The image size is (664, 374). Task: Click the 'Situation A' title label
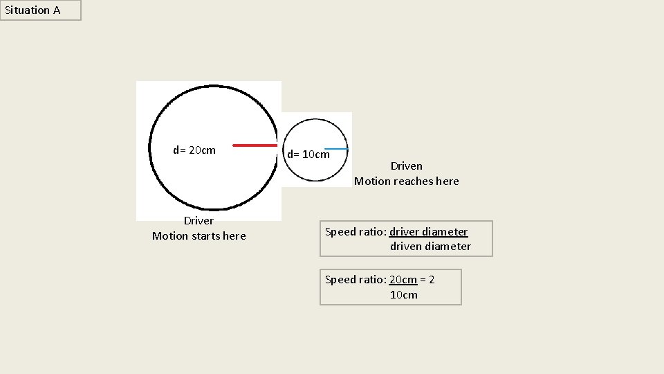pyautogui.click(x=33, y=10)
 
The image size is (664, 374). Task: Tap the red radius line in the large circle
pyautogui.click(x=255, y=145)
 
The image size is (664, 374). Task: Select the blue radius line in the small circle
pyautogui.click(x=336, y=149)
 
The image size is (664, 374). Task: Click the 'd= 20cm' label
pyautogui.click(x=194, y=150)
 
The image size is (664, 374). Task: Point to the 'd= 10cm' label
pyautogui.click(x=308, y=154)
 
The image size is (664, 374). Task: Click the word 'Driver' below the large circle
pyautogui.click(x=199, y=221)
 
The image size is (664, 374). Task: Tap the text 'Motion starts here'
pyautogui.click(x=199, y=236)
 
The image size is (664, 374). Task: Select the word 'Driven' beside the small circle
pyautogui.click(x=406, y=166)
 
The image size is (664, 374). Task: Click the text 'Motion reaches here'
pyautogui.click(x=406, y=181)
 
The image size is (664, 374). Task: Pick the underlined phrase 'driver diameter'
pyautogui.click(x=429, y=232)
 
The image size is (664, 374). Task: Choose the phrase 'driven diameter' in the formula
pyautogui.click(x=430, y=247)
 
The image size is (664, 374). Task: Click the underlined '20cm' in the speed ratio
pyautogui.click(x=403, y=280)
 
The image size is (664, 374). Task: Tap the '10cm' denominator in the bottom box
pyautogui.click(x=404, y=295)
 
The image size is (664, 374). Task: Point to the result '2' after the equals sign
pyautogui.click(x=432, y=280)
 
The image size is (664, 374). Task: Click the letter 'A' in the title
pyautogui.click(x=56, y=10)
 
